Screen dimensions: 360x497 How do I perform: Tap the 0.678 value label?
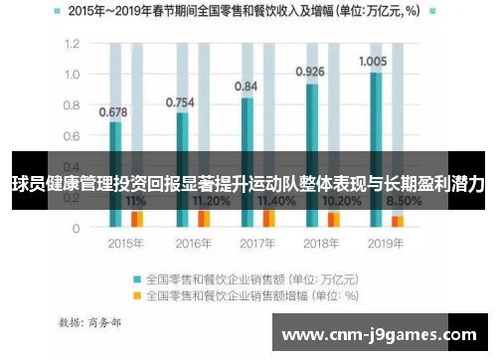113,111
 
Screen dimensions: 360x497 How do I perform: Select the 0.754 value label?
179,101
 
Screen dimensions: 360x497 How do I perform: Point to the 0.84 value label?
246,87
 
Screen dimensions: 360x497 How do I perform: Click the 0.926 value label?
311,72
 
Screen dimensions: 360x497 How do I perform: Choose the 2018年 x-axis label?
320,242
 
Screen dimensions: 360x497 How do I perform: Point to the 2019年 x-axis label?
386,242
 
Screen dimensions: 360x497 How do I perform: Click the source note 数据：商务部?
90,322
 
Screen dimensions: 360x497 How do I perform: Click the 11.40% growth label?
275,200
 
